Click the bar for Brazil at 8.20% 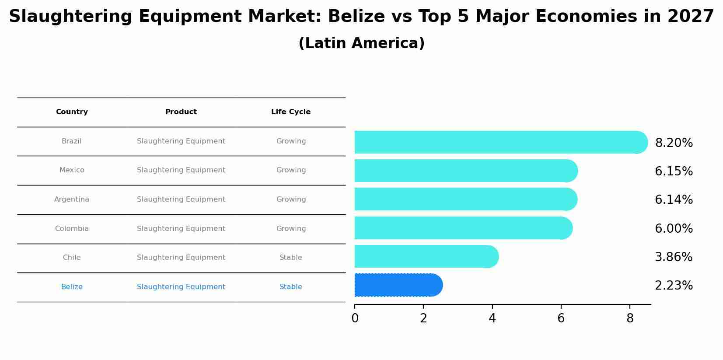click(x=499, y=142)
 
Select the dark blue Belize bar click(x=398, y=285)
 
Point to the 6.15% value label click(x=673, y=171)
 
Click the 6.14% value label click(x=673, y=200)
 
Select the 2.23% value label click(x=673, y=286)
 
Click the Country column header click(x=72, y=112)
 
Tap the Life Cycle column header click(x=290, y=112)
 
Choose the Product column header click(x=181, y=112)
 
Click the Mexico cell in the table click(x=72, y=170)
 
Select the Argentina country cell click(x=72, y=199)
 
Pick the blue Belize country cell click(x=72, y=287)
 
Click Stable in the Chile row click(x=290, y=258)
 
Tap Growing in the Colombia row click(x=290, y=229)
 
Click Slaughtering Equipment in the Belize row click(x=181, y=287)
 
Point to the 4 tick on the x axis click(x=492, y=318)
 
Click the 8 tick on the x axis click(x=629, y=318)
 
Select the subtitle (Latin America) click(x=361, y=43)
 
